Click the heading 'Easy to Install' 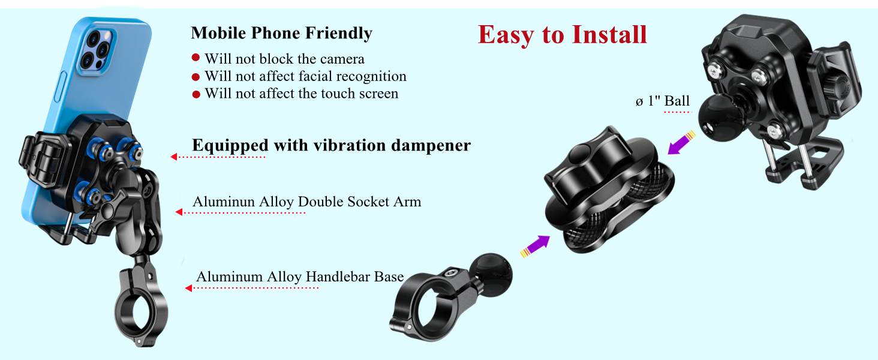(x=563, y=35)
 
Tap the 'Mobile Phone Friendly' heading (x=281, y=33)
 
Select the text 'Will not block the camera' (x=284, y=59)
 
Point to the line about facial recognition (x=305, y=76)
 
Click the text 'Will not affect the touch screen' (x=301, y=94)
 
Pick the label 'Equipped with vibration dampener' (x=331, y=145)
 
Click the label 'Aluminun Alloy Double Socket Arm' (x=306, y=202)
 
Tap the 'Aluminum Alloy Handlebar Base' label (x=300, y=277)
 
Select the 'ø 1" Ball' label (x=663, y=101)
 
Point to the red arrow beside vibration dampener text (x=174, y=157)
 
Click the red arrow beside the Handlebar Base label (x=188, y=289)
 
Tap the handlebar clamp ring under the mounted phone (x=141, y=313)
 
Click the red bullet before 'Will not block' (x=196, y=58)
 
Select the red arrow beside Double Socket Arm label (x=179, y=212)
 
